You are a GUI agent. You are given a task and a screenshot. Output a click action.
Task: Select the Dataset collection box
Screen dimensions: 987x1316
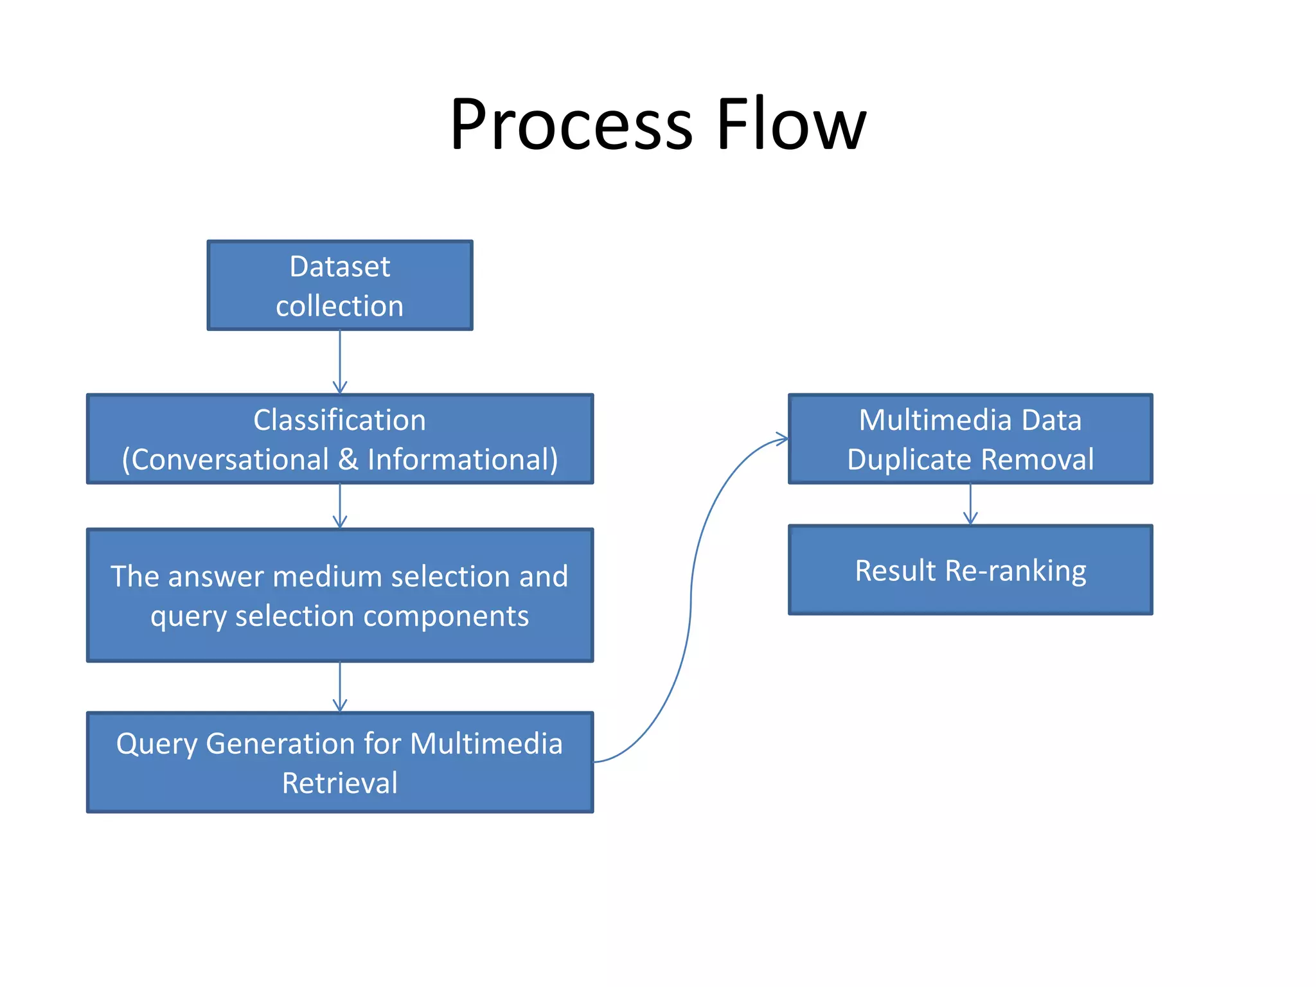point(340,285)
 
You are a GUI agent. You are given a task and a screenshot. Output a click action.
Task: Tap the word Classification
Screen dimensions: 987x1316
point(339,420)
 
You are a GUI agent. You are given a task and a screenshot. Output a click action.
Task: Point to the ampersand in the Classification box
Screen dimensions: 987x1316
point(348,459)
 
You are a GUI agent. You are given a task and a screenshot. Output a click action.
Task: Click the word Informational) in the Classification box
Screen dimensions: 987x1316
point(463,459)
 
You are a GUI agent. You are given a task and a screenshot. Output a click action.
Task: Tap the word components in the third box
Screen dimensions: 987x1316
point(446,616)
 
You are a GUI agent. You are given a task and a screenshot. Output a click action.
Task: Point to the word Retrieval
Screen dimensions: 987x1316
point(340,783)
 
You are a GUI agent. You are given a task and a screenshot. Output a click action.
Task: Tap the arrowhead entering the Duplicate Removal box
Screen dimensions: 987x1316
point(782,440)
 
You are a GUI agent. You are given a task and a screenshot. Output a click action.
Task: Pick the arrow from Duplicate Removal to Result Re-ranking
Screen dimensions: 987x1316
point(970,504)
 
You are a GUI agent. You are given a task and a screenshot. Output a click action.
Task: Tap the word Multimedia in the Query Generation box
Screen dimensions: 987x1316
point(486,744)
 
